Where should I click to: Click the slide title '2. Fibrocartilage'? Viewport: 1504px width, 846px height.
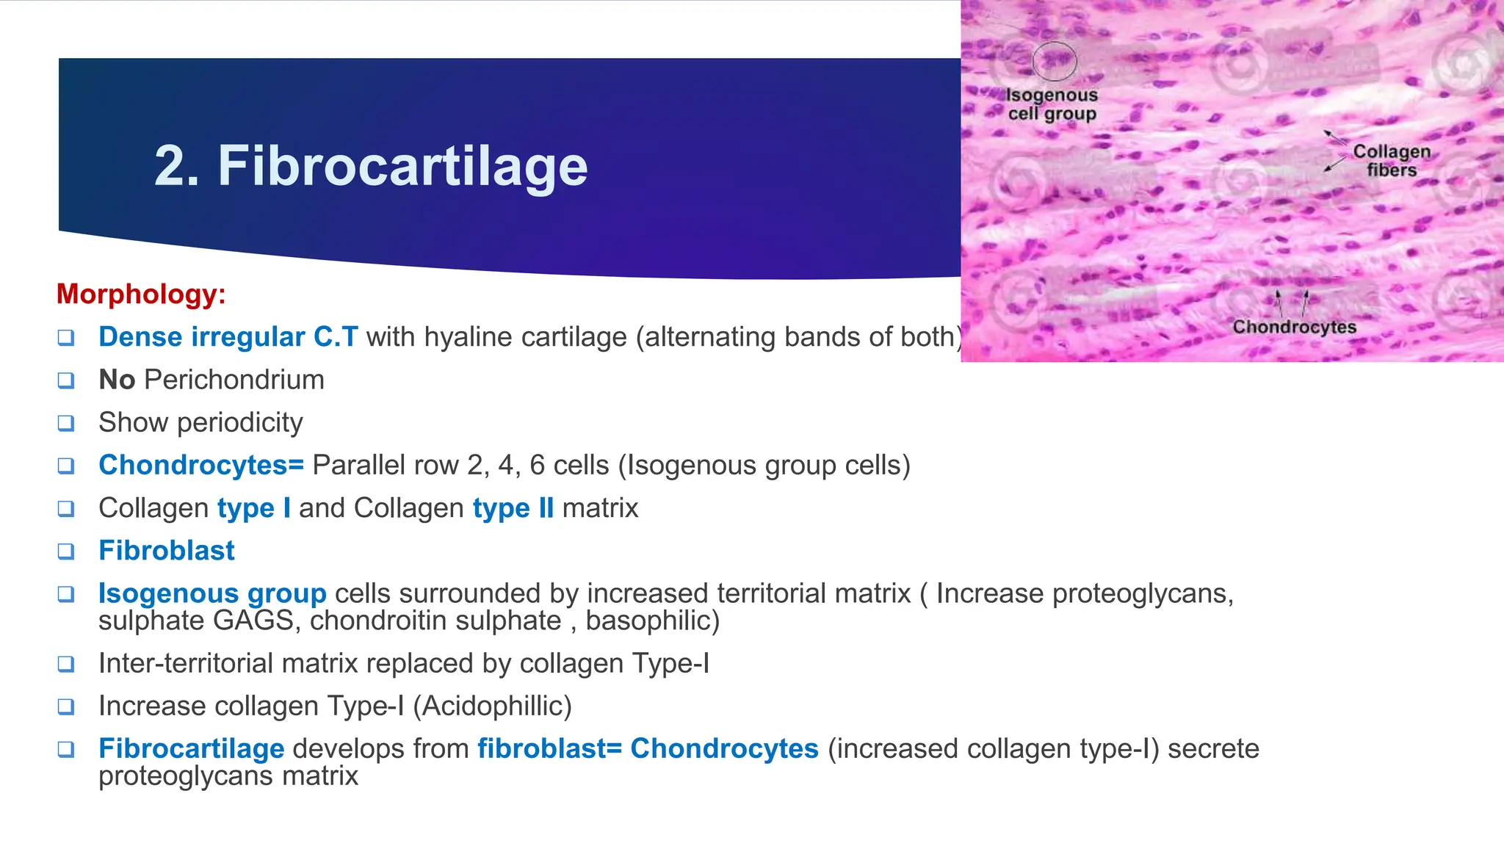pyautogui.click(x=371, y=166)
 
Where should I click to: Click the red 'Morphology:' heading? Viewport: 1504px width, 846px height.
pyautogui.click(x=141, y=294)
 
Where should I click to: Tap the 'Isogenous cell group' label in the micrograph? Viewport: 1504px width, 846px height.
pyautogui.click(x=1052, y=104)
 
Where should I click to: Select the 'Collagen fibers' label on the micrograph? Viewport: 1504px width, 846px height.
pyautogui.click(x=1391, y=160)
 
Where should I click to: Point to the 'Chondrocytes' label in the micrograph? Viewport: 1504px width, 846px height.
pyautogui.click(x=1294, y=327)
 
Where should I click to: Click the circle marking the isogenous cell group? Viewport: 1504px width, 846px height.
pyautogui.click(x=1055, y=61)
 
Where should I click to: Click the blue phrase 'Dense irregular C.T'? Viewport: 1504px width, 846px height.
pyautogui.click(x=228, y=337)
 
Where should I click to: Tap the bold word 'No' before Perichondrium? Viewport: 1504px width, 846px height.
pyautogui.click(x=117, y=380)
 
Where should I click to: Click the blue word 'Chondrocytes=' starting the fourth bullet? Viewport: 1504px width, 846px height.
pyautogui.click(x=201, y=465)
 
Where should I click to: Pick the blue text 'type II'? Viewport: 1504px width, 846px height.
pyautogui.click(x=513, y=507)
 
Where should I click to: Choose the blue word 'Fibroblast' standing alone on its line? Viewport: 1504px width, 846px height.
pyautogui.click(x=167, y=551)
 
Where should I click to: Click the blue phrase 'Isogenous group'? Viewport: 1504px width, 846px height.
pyautogui.click(x=212, y=593)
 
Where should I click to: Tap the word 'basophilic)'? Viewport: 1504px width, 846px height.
pyautogui.click(x=652, y=621)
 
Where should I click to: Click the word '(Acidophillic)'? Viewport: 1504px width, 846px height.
pyautogui.click(x=492, y=706)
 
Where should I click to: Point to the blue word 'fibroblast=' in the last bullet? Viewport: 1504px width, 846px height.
pyautogui.click(x=549, y=748)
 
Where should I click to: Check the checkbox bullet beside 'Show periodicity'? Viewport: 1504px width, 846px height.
pyautogui.click(x=66, y=423)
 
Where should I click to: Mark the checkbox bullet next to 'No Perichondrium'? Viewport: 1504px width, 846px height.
pyautogui.click(x=66, y=380)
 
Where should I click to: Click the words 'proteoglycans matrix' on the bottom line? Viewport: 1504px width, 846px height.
pyautogui.click(x=228, y=775)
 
